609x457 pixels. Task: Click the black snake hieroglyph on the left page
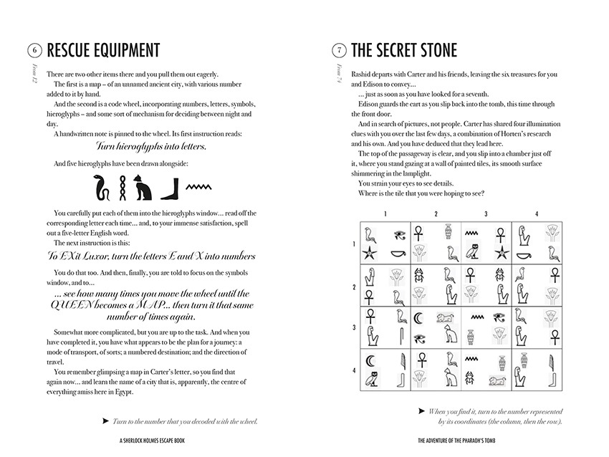102,188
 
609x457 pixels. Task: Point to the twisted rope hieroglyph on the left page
123,188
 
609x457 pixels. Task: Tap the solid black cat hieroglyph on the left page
144,188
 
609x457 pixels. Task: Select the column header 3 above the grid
486,213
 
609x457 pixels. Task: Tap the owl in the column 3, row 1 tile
473,252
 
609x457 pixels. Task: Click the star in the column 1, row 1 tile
371,252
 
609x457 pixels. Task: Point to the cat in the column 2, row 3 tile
449,335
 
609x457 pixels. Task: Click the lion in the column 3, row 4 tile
494,380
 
